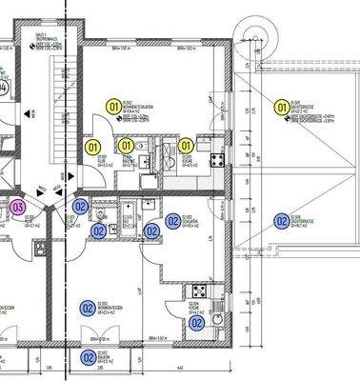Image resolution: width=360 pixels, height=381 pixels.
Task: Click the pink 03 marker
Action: (17, 206)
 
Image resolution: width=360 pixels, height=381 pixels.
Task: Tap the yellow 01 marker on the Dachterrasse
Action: (281, 108)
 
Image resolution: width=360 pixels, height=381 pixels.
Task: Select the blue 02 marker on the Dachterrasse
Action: (281, 221)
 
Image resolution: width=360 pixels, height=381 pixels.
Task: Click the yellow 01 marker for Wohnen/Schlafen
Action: (114, 108)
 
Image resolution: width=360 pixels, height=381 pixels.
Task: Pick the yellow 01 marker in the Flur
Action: (93, 147)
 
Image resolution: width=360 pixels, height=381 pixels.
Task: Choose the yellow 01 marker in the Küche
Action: (186, 146)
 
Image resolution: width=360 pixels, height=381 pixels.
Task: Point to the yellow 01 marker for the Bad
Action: (127, 146)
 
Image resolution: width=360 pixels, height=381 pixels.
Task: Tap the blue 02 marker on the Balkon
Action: (88, 357)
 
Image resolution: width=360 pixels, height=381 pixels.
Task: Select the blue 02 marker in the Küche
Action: (196, 323)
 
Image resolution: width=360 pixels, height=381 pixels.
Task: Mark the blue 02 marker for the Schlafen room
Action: (172, 221)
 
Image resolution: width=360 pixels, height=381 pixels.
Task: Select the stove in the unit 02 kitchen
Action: (200, 290)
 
